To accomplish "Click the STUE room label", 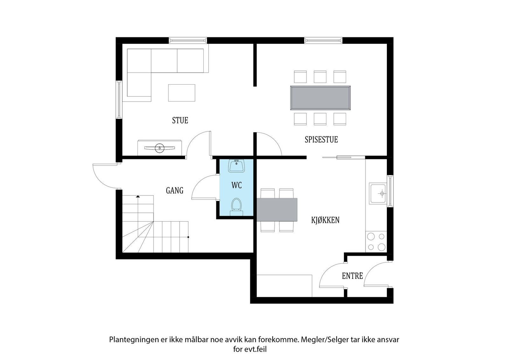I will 180,121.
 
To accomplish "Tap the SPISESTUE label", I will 321,140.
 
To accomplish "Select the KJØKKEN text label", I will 325,220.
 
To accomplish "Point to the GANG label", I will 175,190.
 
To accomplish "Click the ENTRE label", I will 352,276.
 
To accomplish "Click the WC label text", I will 236,185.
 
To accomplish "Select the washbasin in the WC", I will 236,166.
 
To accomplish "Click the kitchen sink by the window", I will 378,193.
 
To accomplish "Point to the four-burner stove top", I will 376,242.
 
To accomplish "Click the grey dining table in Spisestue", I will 320,98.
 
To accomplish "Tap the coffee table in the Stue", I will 181,93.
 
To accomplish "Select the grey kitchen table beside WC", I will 277,210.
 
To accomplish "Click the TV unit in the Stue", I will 159,148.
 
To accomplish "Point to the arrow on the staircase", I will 138,197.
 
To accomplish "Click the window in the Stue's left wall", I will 119,100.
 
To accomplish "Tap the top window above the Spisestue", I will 323,40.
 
